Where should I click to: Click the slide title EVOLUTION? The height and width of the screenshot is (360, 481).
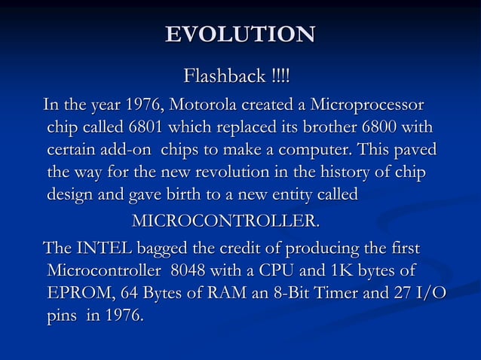[x=240, y=35]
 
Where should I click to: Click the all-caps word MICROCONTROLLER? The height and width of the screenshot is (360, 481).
[x=225, y=222]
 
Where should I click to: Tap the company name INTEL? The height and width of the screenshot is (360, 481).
[x=99, y=248]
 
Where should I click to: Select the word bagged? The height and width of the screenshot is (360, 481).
[x=163, y=249]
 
